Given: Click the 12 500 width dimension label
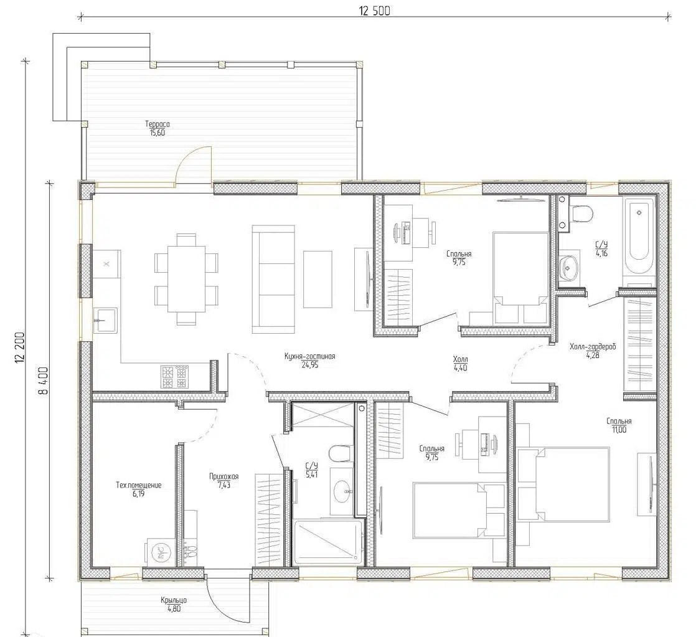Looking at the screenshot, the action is point(375,11).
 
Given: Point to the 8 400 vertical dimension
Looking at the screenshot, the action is point(43,380).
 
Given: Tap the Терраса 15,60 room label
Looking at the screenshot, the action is point(158,128).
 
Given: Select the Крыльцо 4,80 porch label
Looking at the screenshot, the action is point(174,604).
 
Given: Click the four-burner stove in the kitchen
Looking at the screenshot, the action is point(174,377).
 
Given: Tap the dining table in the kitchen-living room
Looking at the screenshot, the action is point(186,279).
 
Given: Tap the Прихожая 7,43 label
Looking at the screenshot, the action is point(224,481).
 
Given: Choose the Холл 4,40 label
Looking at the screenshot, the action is point(460,363).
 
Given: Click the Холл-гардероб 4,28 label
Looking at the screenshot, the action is point(593,350).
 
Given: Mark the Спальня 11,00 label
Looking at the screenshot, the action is point(619,425).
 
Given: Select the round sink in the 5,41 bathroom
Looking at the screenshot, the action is point(342,490).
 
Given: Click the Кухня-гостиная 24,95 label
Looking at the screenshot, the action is point(310,361).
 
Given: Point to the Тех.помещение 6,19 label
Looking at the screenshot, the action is point(138,489).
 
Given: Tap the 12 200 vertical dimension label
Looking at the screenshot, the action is point(20,348).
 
